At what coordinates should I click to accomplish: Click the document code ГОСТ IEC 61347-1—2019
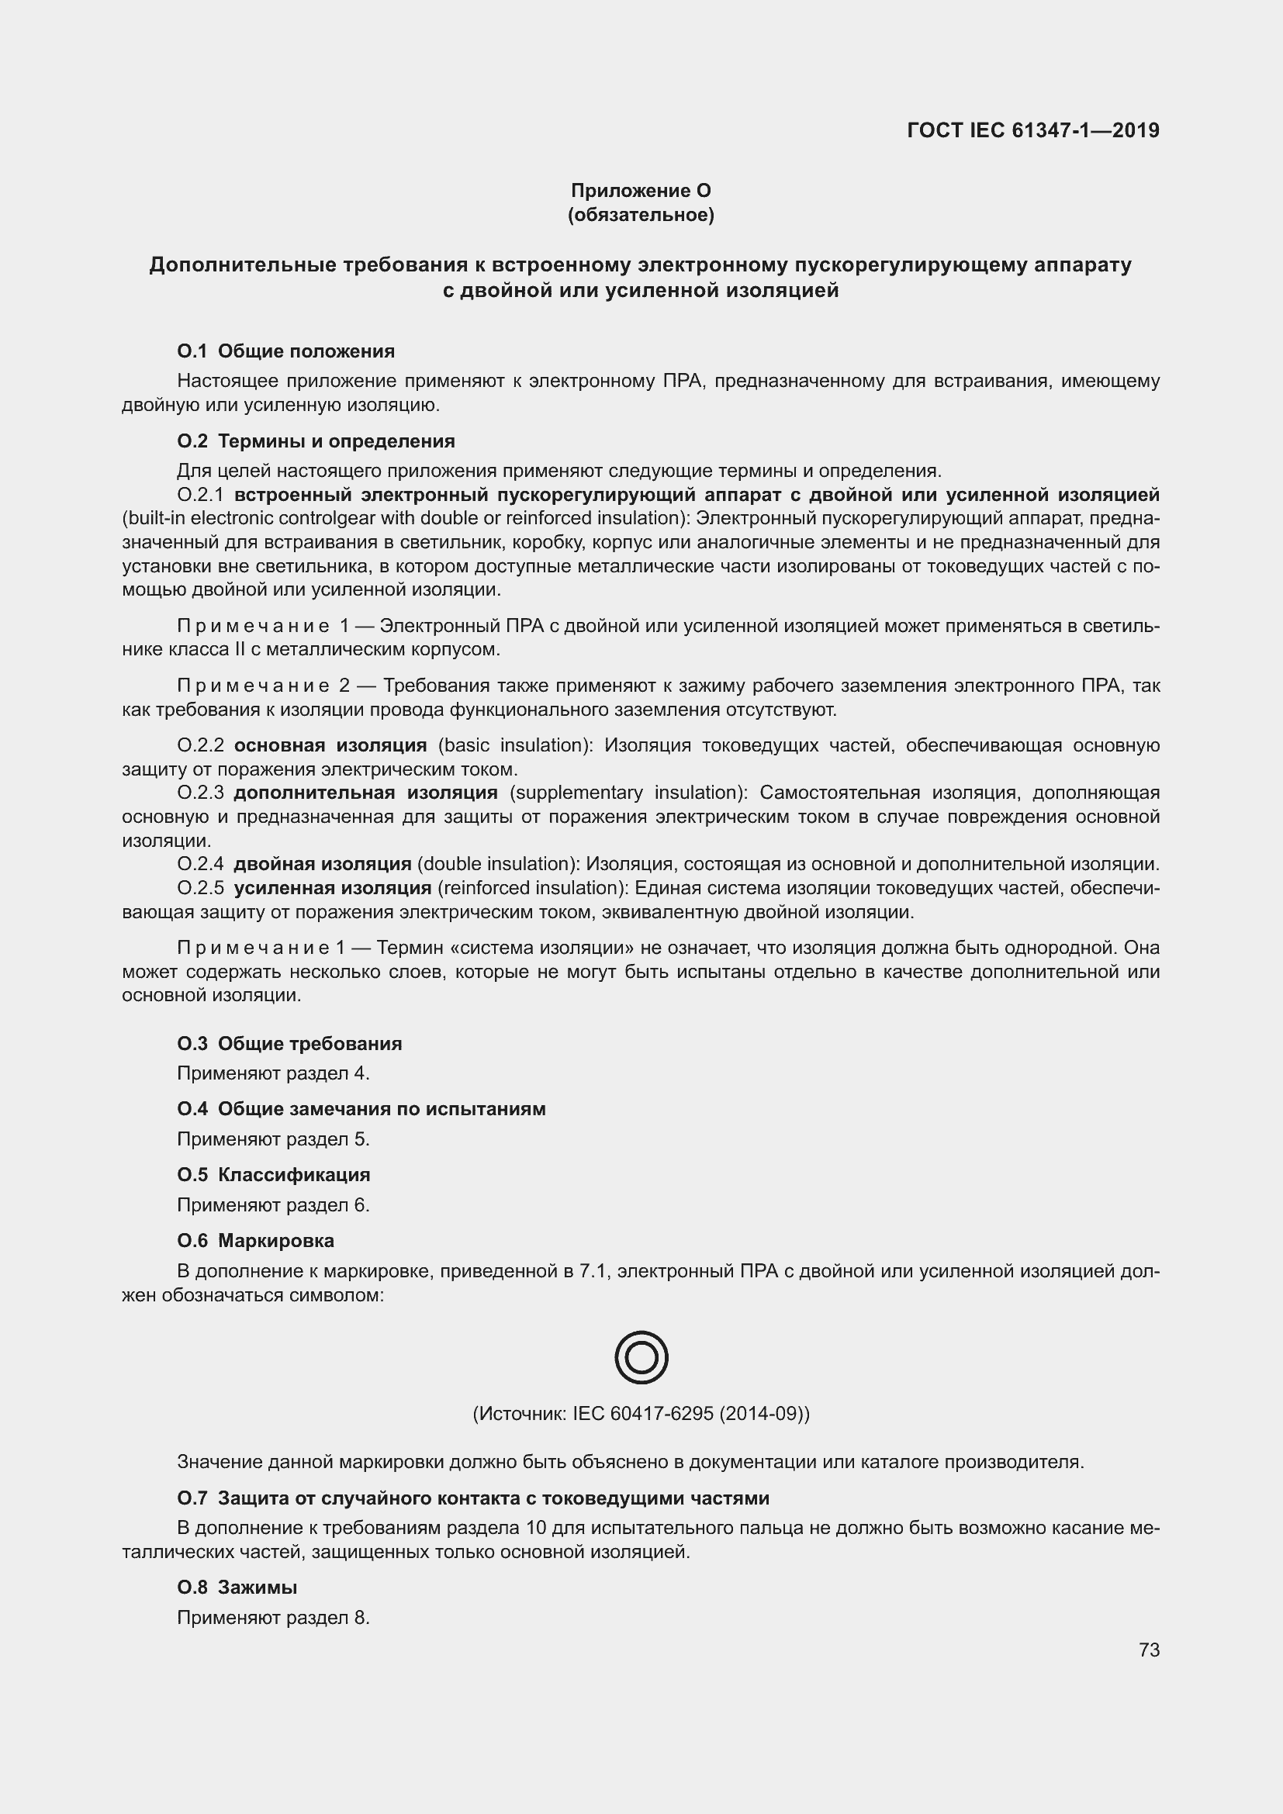click(x=1033, y=130)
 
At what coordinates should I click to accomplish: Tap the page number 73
click(x=1150, y=1650)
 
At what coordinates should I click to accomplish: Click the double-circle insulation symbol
click(x=641, y=1357)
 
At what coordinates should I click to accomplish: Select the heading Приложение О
click(x=641, y=191)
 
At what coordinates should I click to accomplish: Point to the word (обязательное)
click(x=641, y=215)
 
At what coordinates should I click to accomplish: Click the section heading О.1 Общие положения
click(x=286, y=351)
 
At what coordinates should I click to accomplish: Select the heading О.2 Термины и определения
click(x=316, y=441)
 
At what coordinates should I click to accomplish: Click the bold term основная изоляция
click(x=330, y=745)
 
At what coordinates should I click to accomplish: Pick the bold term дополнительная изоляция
click(x=366, y=793)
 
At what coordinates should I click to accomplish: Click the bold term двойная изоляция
click(x=323, y=864)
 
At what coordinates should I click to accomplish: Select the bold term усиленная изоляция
click(x=333, y=888)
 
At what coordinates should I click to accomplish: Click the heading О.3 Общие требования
click(x=289, y=1044)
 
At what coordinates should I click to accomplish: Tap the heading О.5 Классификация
click(x=273, y=1175)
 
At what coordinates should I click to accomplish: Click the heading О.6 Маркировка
click(x=255, y=1240)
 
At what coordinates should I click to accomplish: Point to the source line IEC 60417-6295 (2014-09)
click(x=641, y=1414)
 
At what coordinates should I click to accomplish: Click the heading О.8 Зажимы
click(x=237, y=1588)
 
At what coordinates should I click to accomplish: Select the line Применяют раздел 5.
click(x=273, y=1139)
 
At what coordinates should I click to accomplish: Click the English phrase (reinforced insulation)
click(x=532, y=888)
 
